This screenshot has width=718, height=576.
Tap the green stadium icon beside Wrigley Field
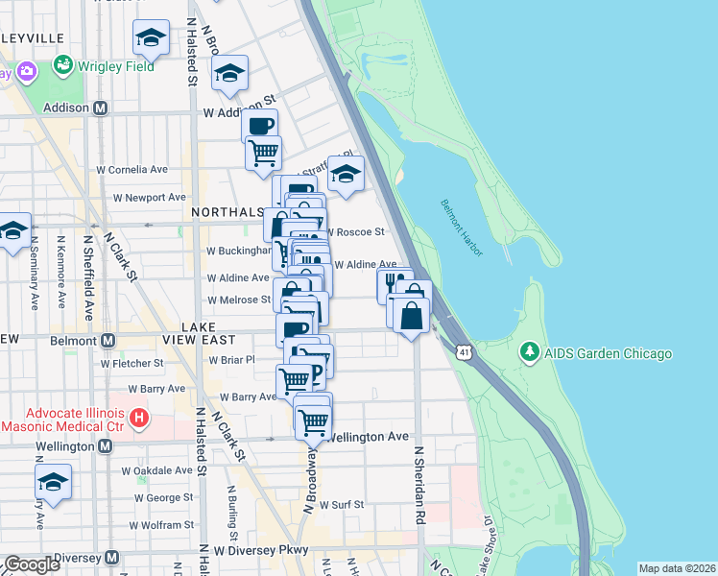pyautogui.click(x=63, y=66)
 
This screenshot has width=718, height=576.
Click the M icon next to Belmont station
pyautogui.click(x=108, y=340)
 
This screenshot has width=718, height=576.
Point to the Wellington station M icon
pyautogui.click(x=104, y=446)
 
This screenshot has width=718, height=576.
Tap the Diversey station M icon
pyautogui.click(x=111, y=557)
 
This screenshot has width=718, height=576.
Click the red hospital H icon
pyautogui.click(x=140, y=418)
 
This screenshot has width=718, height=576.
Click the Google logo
pyautogui.click(x=32, y=564)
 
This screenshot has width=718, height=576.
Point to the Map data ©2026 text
pyautogui.click(x=677, y=568)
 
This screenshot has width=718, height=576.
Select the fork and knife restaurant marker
pyautogui.click(x=394, y=283)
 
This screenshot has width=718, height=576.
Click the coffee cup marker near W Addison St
pyautogui.click(x=259, y=125)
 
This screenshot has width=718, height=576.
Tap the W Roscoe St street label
pyautogui.click(x=357, y=231)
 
